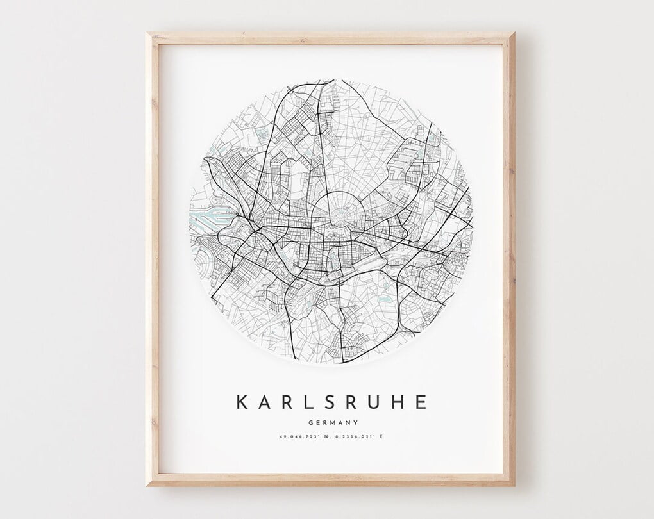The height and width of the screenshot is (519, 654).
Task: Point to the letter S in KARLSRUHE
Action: [331, 402]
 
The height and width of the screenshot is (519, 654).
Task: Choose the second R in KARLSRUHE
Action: [353, 402]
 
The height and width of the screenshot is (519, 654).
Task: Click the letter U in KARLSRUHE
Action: [376, 402]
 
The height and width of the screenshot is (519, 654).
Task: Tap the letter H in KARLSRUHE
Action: [399, 402]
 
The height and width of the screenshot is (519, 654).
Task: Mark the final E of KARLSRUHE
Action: [421, 402]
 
